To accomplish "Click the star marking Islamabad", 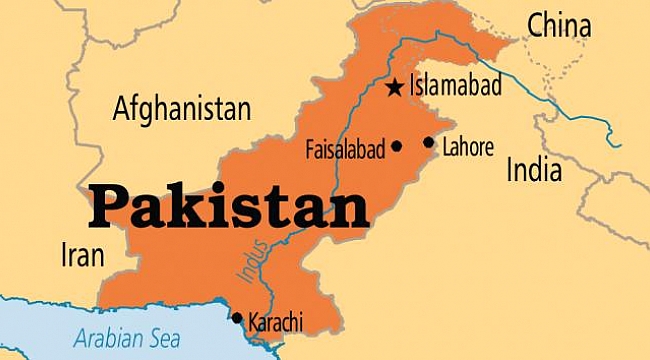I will [x=394, y=88].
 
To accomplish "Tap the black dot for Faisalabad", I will [x=396, y=146].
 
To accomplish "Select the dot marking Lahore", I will [x=429, y=142].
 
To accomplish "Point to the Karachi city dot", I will [x=237, y=319].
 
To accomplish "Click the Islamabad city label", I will [x=454, y=87].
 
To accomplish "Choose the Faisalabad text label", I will [x=344, y=150].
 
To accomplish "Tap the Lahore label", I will [x=468, y=147].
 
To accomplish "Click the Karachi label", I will [x=275, y=322].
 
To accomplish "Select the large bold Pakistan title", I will [x=228, y=208].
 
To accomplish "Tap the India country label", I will [x=534, y=170].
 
